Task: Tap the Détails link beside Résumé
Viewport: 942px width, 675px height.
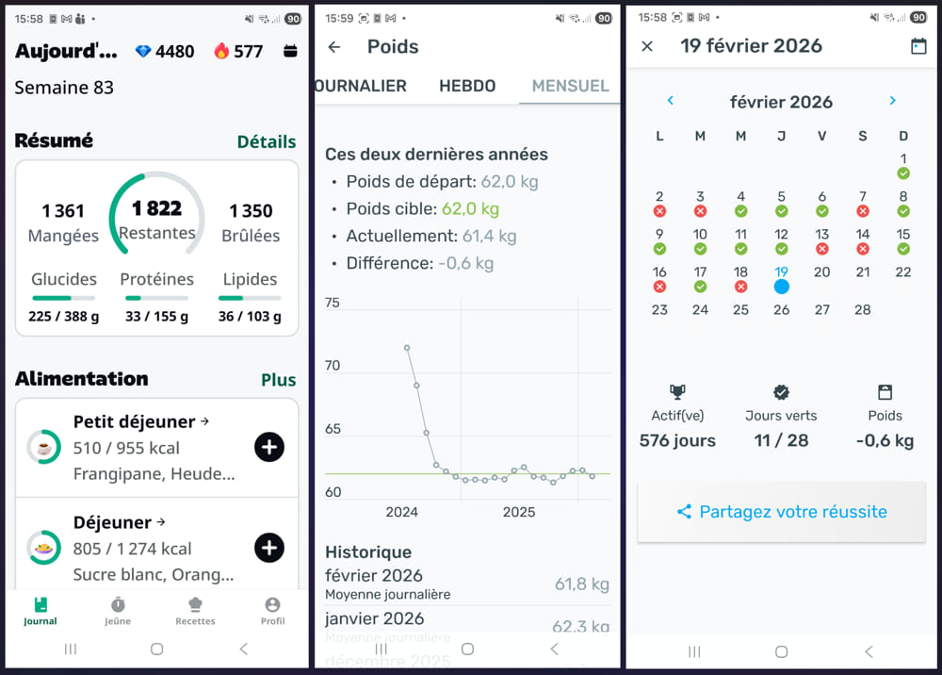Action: coord(266,141)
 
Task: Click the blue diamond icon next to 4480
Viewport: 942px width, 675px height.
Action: coord(143,51)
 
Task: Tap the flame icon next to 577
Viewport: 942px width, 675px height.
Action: coord(221,51)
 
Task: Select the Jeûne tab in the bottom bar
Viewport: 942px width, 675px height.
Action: coord(118,609)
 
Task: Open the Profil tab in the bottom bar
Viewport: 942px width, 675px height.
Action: coord(272,609)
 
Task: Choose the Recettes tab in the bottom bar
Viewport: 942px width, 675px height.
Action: coord(195,609)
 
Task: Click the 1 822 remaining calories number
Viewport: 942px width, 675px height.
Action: coord(156,208)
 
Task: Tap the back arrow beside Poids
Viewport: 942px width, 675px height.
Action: coord(333,47)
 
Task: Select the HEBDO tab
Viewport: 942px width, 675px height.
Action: coord(467,86)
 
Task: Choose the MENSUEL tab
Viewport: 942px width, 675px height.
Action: coord(570,86)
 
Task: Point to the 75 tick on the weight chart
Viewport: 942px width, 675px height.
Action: coord(332,303)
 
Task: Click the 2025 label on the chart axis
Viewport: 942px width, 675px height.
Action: coord(518,512)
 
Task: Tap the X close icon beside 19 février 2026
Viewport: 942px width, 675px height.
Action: coord(647,46)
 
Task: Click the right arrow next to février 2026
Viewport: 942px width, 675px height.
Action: coord(892,101)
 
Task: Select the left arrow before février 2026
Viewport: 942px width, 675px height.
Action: coord(670,101)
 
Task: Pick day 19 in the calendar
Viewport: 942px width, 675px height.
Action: coord(781,272)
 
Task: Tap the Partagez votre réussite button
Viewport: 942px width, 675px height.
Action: coord(781,512)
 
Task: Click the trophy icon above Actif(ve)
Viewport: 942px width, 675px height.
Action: coord(676,392)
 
